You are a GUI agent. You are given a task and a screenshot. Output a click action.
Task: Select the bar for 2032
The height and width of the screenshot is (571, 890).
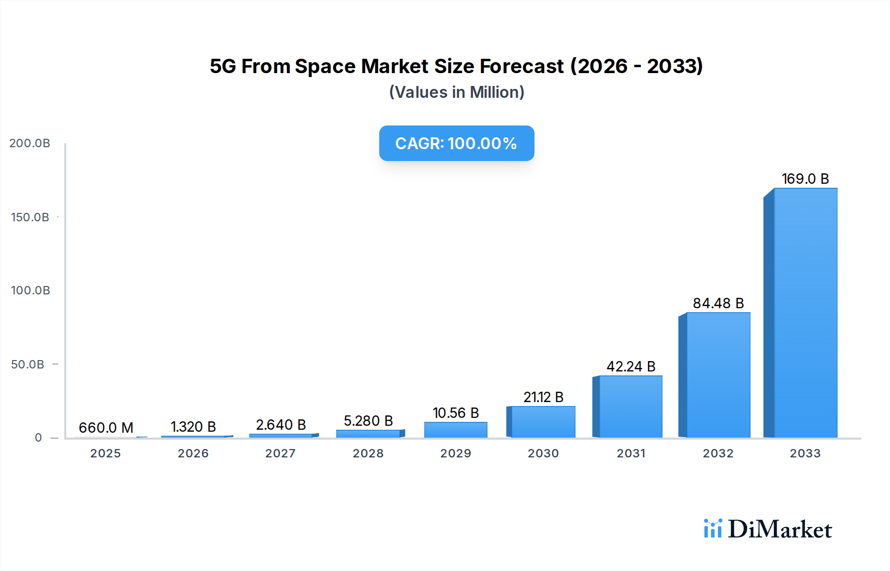(718, 375)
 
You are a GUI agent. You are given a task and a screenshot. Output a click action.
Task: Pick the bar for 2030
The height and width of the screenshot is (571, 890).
(543, 422)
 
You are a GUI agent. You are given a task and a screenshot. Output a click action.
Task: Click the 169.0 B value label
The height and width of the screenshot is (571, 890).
(805, 179)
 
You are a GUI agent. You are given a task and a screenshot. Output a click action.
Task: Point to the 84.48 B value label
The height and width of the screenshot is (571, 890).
(718, 303)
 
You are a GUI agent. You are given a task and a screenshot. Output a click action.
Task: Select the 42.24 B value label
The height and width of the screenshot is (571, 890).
(631, 367)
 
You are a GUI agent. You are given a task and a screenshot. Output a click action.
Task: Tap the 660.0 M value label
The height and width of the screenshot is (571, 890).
(106, 428)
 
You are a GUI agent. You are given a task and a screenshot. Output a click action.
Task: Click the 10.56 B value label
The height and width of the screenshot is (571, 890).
(455, 413)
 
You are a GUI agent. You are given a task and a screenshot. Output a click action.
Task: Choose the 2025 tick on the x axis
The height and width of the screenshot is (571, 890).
(105, 453)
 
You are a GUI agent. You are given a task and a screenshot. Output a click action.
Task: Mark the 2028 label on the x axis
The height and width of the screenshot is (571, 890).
(368, 453)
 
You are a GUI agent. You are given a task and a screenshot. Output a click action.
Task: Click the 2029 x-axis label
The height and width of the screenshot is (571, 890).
(455, 453)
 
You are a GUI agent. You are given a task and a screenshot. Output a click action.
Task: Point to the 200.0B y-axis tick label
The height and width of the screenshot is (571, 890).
(30, 143)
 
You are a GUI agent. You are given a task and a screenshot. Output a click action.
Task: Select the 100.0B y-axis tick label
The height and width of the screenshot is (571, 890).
(30, 290)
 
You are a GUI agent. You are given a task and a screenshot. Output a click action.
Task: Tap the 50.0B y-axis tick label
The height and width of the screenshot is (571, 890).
(28, 365)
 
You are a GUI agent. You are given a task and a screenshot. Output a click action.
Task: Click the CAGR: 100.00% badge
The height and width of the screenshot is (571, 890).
(456, 143)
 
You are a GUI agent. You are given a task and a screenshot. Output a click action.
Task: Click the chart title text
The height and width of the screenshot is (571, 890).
(456, 66)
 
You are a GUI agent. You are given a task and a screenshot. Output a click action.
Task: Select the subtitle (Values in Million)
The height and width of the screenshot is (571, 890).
(456, 92)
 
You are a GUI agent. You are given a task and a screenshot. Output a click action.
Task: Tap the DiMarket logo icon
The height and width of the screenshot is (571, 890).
(712, 529)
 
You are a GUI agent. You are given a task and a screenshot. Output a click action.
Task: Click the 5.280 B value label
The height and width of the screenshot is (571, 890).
(368, 421)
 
